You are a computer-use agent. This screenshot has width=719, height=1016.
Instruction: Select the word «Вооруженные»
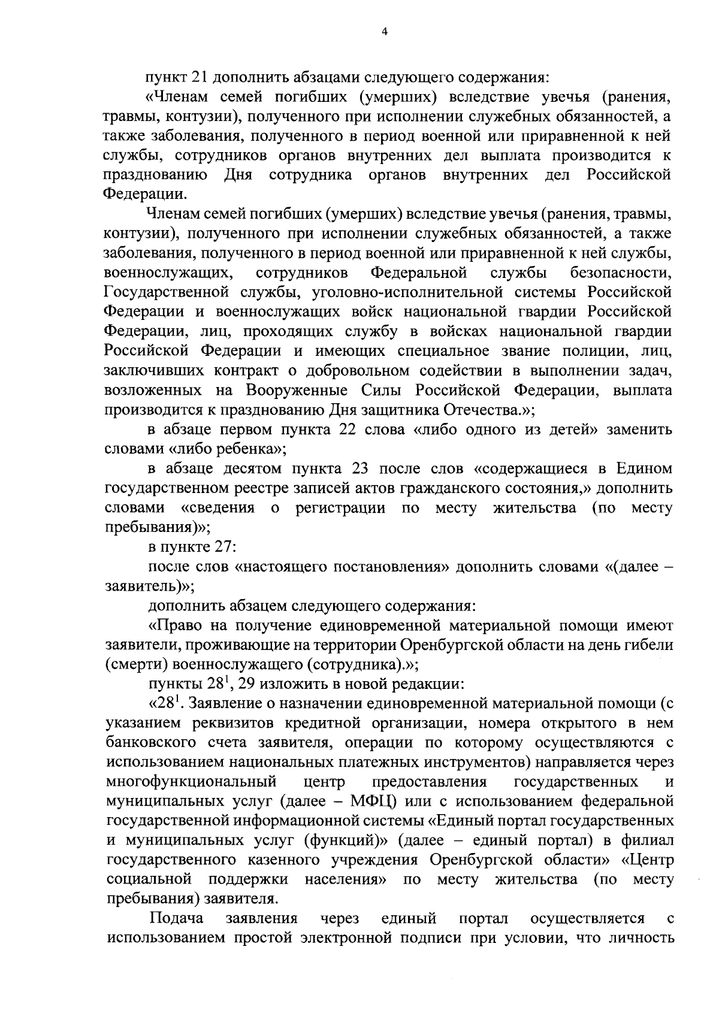click(x=296, y=391)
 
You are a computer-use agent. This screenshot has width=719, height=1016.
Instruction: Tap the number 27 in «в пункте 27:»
click(x=220, y=547)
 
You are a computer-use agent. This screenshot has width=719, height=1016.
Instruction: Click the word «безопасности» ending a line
click(x=621, y=273)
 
